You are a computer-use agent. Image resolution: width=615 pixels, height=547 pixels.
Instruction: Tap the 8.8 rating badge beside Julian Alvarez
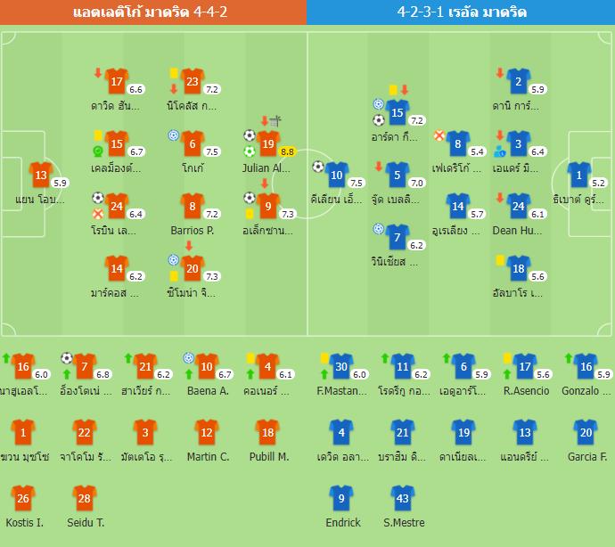click(x=287, y=151)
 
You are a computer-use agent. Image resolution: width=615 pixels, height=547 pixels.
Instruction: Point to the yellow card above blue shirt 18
click(x=501, y=259)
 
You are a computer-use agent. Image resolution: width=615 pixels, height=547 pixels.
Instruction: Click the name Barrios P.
click(x=193, y=230)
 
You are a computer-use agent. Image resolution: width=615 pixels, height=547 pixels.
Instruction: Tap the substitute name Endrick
click(x=343, y=523)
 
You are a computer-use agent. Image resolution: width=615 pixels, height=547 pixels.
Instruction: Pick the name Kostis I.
click(x=23, y=523)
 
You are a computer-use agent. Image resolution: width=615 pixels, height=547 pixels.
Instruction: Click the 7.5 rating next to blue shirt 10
click(x=357, y=183)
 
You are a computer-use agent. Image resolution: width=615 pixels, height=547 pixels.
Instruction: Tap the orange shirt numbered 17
click(x=118, y=82)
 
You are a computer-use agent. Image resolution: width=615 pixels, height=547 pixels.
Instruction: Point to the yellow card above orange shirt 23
click(x=173, y=71)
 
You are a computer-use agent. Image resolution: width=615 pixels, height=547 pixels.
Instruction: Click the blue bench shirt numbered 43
click(x=402, y=499)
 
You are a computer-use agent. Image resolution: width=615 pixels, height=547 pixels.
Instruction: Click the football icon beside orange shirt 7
click(x=67, y=358)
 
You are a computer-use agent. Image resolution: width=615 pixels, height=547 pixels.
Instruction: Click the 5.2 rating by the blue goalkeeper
click(x=599, y=184)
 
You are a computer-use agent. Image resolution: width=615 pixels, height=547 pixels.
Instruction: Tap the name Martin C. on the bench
click(x=208, y=457)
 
